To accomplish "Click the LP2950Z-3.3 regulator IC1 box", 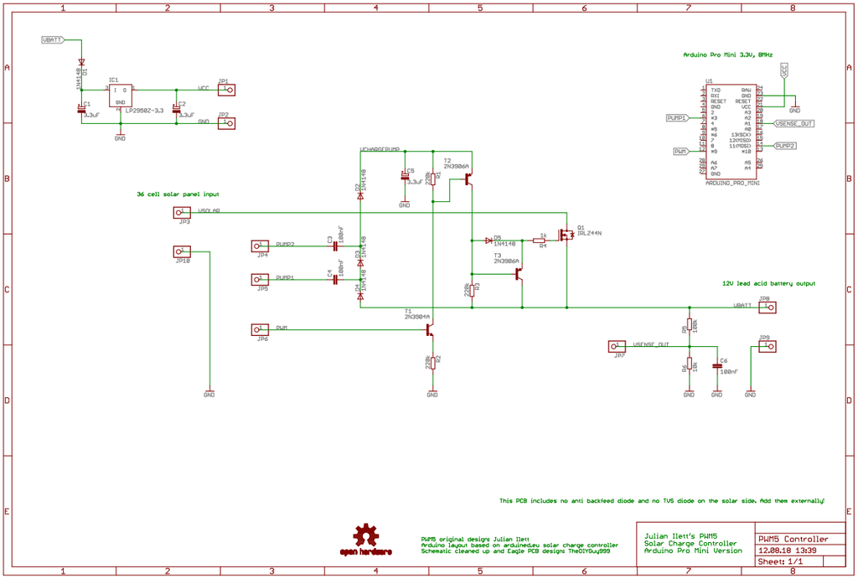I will point(120,95).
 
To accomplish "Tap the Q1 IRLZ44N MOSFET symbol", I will point(569,235).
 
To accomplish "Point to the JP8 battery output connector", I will point(766,307).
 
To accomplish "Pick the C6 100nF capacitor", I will point(716,366).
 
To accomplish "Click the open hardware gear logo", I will point(365,537).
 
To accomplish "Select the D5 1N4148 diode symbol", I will point(488,240).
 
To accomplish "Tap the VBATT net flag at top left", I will point(52,40).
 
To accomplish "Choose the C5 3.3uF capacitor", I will point(404,177).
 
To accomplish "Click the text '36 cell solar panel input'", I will point(178,194).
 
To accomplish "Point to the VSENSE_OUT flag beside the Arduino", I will point(793,123).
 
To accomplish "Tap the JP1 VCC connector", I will point(225,90).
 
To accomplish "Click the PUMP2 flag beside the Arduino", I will point(784,146).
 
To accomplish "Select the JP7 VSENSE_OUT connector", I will point(618,346).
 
